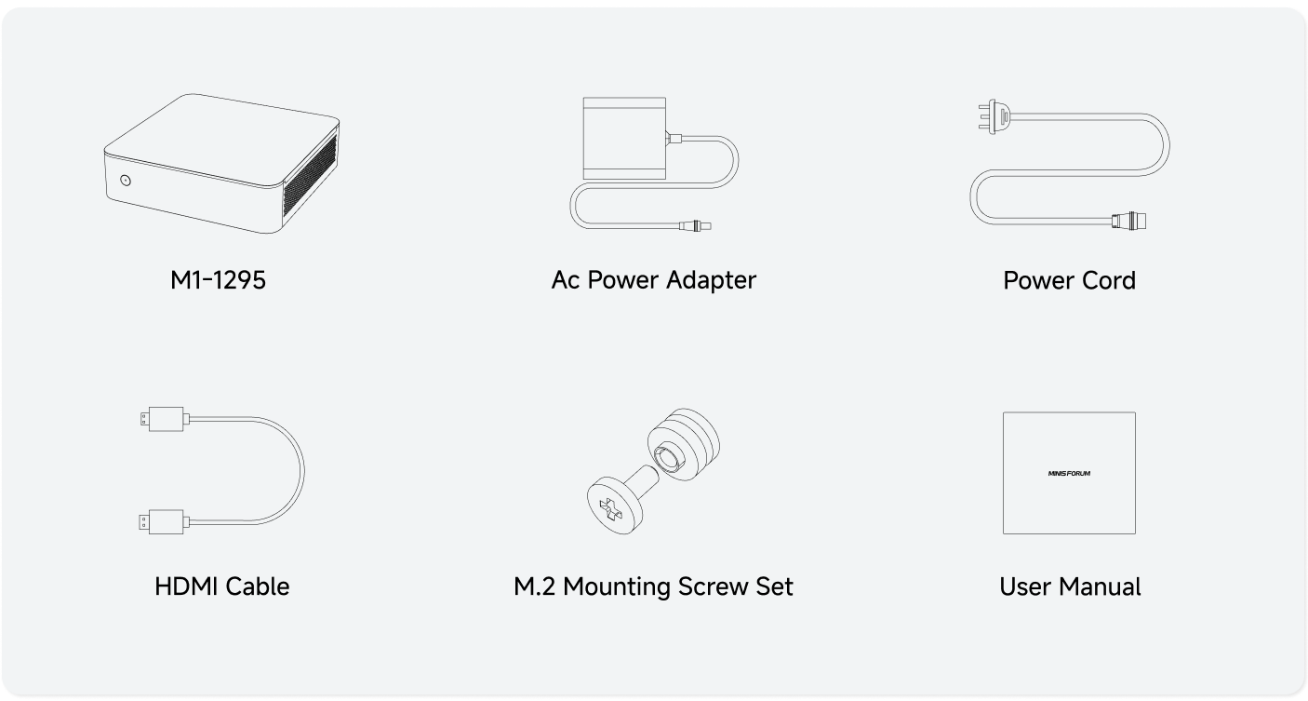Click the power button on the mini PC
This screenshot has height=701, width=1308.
126,181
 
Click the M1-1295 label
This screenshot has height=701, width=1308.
218,280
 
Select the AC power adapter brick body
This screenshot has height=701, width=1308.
624,139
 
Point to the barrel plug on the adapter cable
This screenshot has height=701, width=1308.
695,225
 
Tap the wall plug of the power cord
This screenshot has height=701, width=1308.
994,117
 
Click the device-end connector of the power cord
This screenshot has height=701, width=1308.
1128,221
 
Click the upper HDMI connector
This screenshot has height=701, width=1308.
165,419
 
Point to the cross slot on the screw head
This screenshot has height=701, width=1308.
611,509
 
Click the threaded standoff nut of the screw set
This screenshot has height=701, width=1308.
683,445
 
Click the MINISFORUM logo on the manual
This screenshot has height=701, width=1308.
1069,473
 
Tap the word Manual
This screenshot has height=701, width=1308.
1104,587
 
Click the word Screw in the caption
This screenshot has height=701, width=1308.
713,587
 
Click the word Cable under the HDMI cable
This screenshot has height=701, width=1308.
257,586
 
